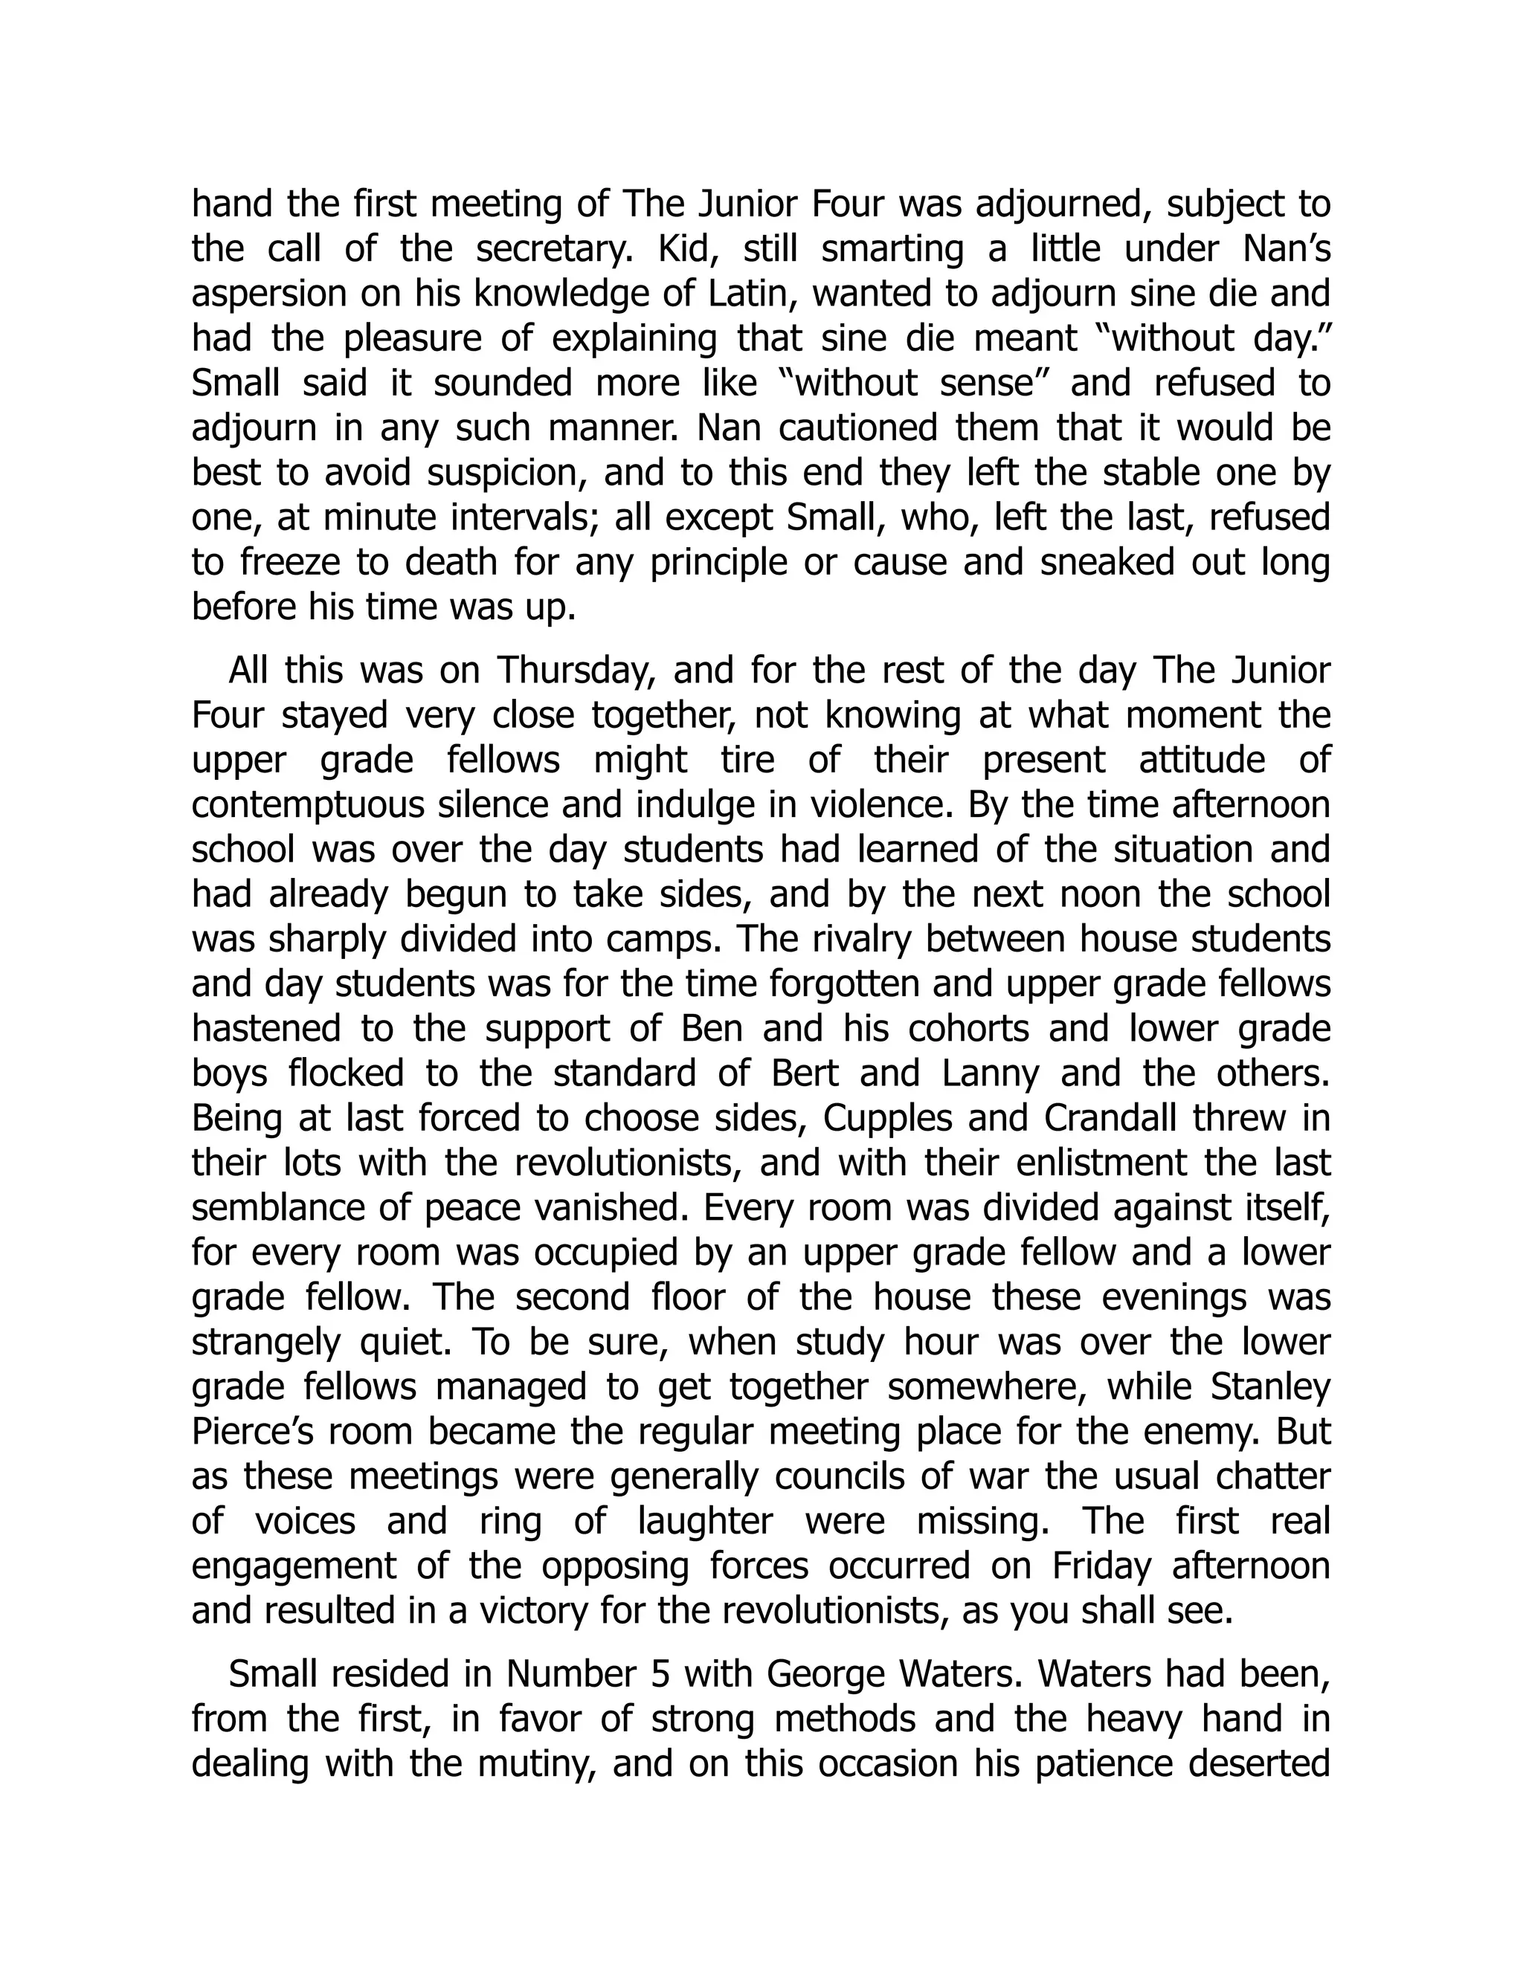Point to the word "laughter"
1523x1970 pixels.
pyautogui.click(x=705, y=1521)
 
